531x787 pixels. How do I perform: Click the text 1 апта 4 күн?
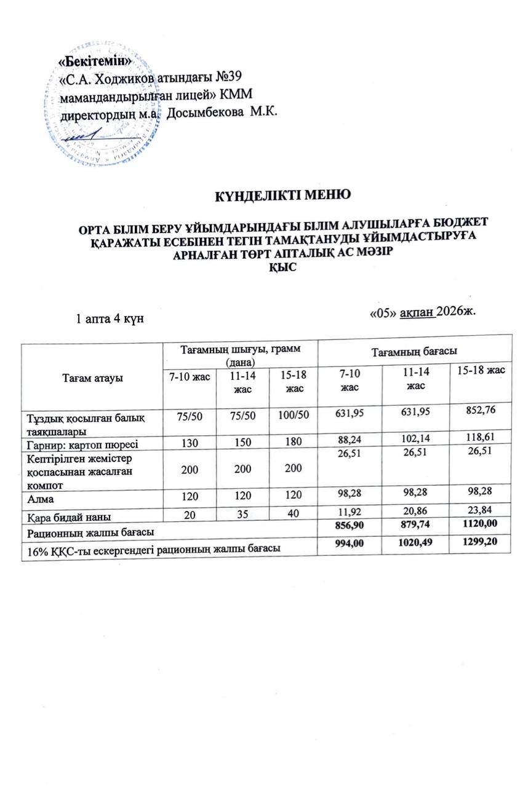point(110,319)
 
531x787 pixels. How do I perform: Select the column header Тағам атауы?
point(91,378)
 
